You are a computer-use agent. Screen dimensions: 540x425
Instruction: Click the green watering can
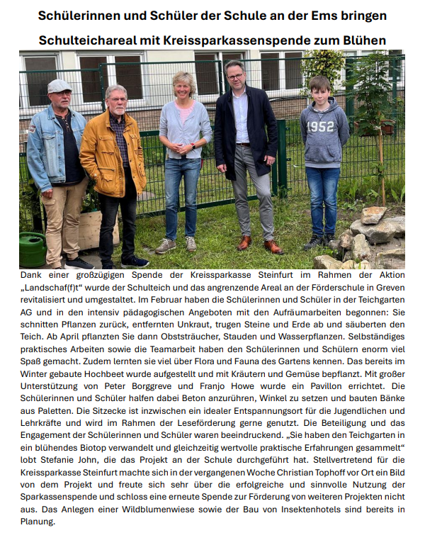coord(33,249)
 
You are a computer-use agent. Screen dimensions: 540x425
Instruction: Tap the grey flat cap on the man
coord(59,86)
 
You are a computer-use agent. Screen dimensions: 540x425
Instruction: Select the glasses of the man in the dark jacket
coord(235,75)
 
